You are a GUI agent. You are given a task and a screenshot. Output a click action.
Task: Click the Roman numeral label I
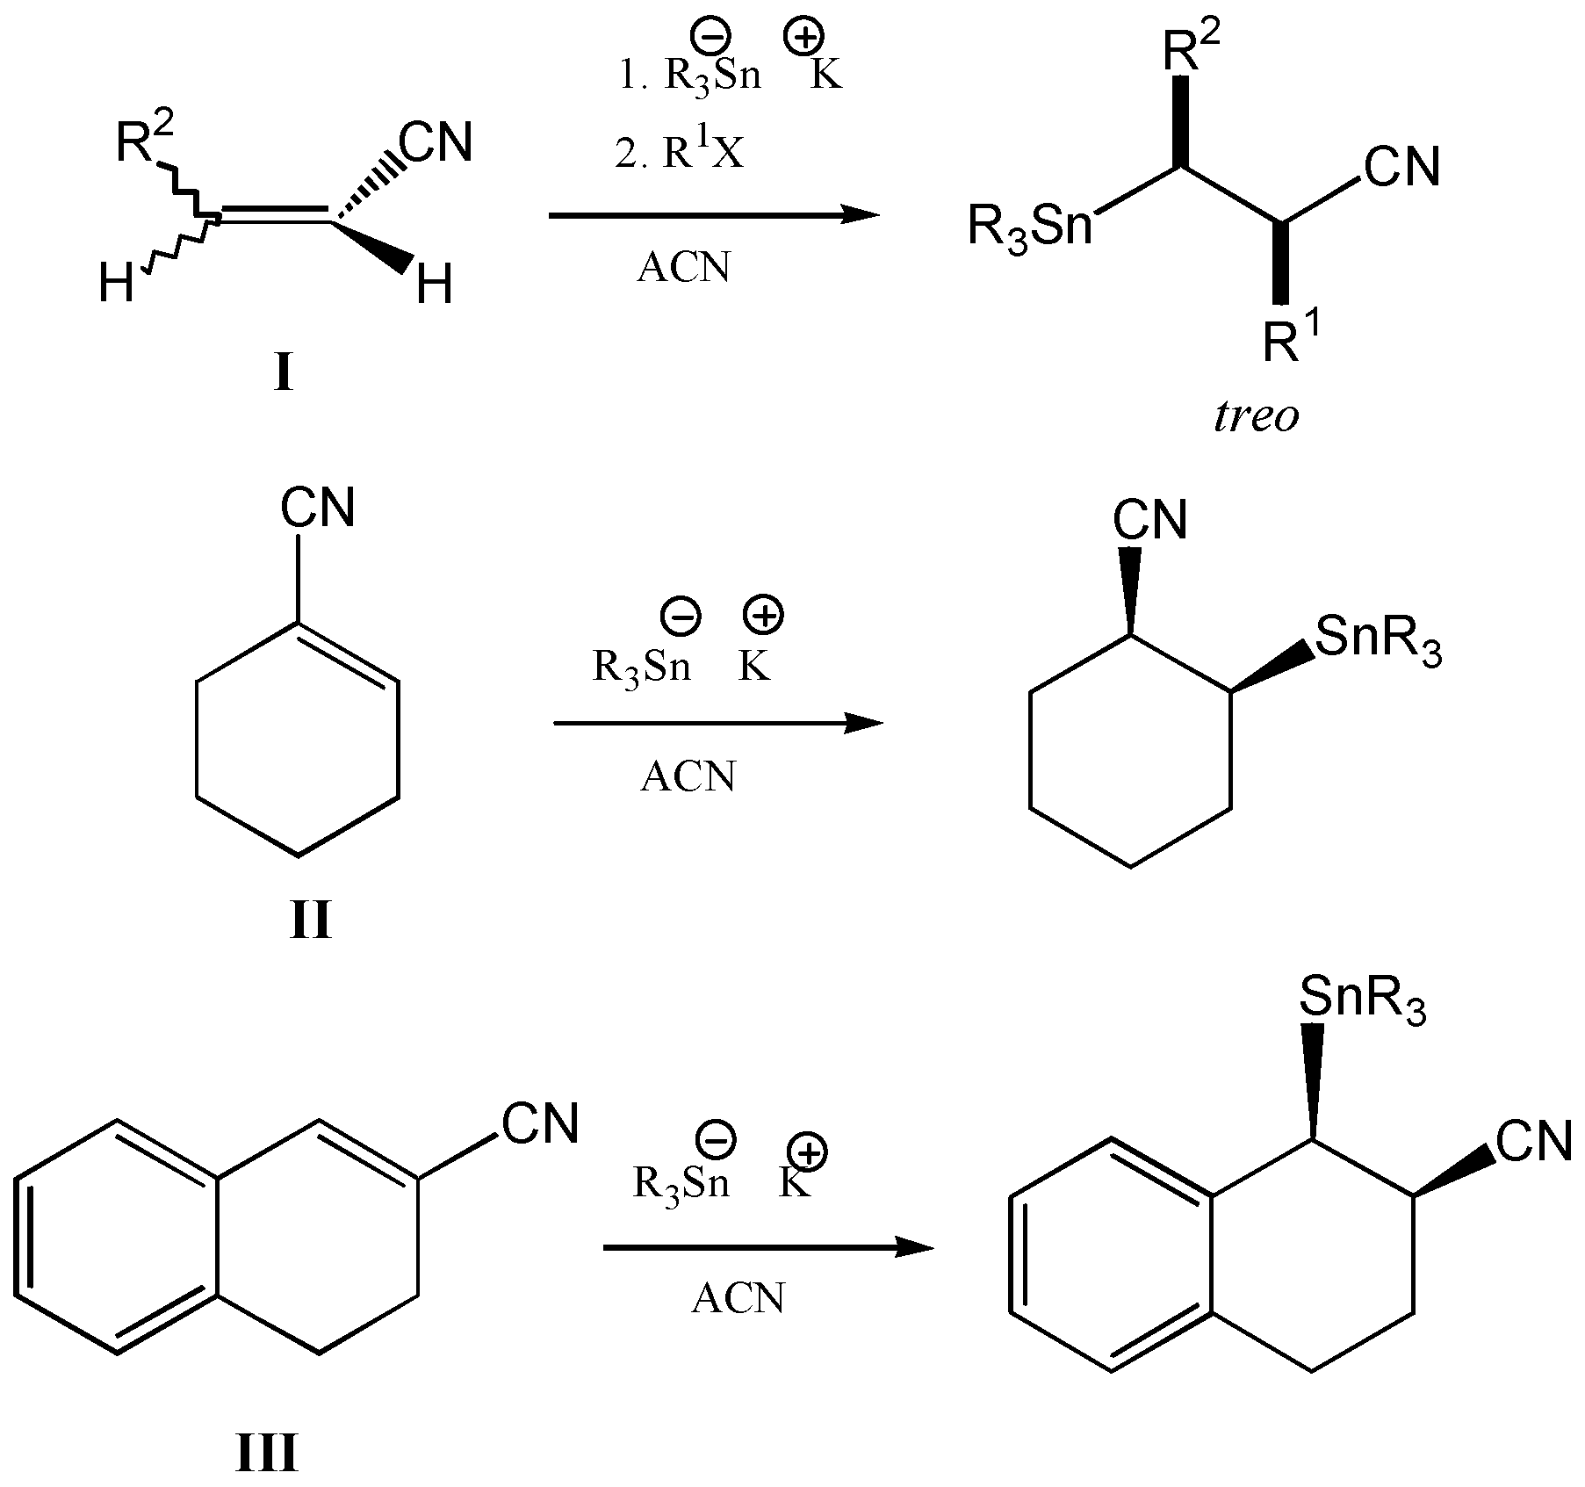click(x=283, y=374)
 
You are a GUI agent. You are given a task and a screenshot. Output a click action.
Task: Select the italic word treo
click(x=1256, y=416)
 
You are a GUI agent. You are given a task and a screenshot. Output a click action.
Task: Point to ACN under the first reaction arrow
click(x=683, y=267)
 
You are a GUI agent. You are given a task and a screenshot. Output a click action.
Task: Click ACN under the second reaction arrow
click(x=688, y=776)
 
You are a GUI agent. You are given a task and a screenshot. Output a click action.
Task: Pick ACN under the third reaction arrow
click(x=738, y=1298)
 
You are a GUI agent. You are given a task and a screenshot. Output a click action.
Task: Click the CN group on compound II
click(x=318, y=508)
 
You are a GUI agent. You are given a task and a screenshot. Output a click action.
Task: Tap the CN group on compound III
click(x=540, y=1124)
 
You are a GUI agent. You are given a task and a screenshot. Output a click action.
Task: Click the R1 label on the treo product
click(x=1291, y=339)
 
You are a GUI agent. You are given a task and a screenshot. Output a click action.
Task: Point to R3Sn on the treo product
click(x=1030, y=227)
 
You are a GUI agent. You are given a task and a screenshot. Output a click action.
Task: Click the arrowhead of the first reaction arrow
click(x=861, y=213)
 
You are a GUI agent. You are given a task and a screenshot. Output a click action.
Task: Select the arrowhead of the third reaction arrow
click(x=915, y=1247)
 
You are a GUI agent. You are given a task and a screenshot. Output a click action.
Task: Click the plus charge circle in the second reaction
click(x=763, y=616)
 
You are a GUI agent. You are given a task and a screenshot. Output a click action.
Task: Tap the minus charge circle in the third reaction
click(x=716, y=1140)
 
